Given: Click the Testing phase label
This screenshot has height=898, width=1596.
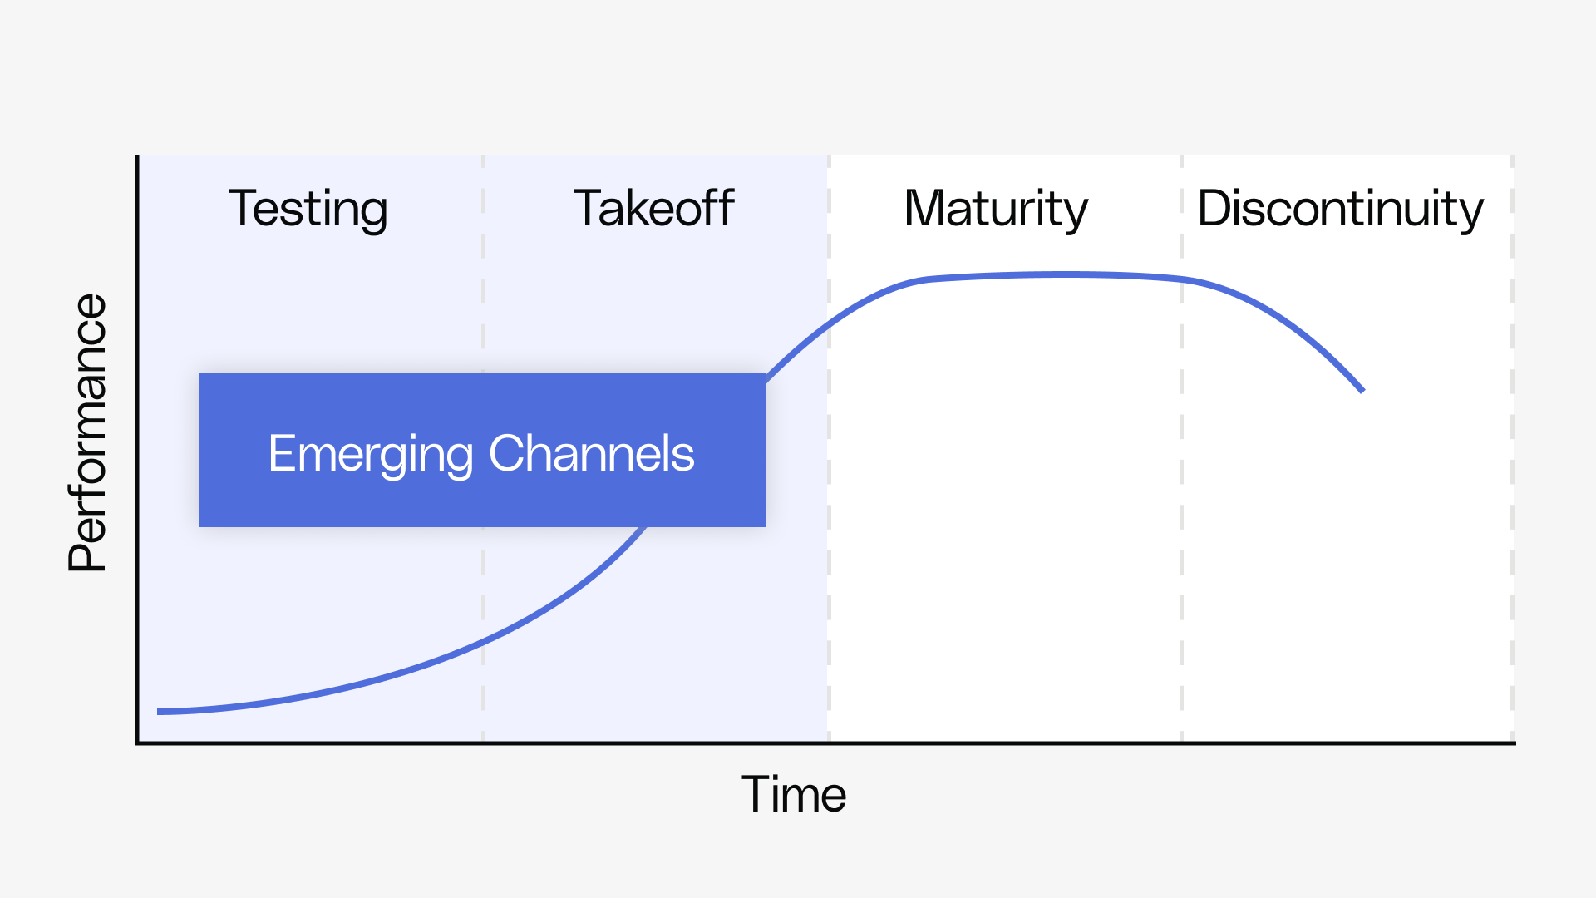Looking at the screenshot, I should [x=308, y=209].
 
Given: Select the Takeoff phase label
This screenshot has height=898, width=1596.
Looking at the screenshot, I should [x=653, y=209].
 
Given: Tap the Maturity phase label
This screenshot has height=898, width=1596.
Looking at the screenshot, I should [x=995, y=209].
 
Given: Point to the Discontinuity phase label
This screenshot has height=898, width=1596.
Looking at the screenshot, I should [x=1340, y=209].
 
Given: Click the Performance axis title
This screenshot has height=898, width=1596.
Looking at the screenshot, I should [x=88, y=432].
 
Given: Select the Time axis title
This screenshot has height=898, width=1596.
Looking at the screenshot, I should [x=794, y=794].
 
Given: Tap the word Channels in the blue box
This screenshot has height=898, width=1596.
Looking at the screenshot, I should [x=591, y=454].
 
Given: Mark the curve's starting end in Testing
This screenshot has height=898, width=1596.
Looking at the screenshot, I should [x=160, y=712].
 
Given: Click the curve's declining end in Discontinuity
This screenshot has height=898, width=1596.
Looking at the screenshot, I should [x=1361, y=389].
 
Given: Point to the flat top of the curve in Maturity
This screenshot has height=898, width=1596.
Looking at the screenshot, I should [x=1056, y=274].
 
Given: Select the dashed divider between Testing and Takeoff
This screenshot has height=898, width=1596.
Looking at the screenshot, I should [x=483, y=582].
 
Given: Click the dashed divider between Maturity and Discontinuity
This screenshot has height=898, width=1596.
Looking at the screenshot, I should [x=1181, y=499].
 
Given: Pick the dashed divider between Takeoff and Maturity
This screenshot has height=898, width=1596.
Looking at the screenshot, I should [x=829, y=499].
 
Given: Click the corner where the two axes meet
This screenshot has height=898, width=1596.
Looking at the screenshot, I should [x=138, y=743].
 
